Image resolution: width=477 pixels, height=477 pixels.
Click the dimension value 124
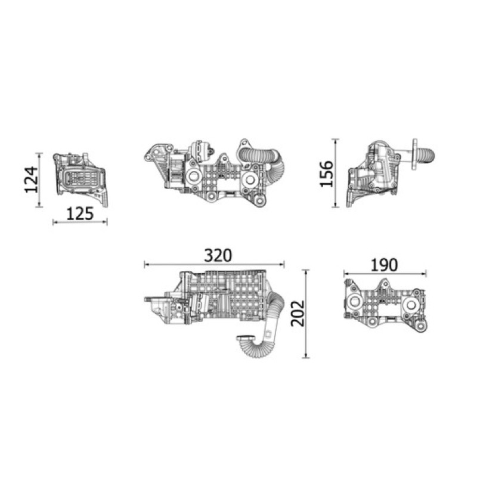[x=32, y=180]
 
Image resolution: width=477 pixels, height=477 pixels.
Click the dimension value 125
[x=80, y=214]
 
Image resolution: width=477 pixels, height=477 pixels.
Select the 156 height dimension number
[x=327, y=174]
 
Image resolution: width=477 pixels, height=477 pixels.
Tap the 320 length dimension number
[x=218, y=256]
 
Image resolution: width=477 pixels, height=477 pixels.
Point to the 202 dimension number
[x=298, y=314]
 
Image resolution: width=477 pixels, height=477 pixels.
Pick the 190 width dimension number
[x=384, y=265]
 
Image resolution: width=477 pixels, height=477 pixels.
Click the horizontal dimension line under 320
[x=214, y=265]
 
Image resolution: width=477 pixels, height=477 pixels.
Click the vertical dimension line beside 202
[x=306, y=314]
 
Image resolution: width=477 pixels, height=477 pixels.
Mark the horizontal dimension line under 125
[x=80, y=222]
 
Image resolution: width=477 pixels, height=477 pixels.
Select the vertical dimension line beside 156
[x=336, y=173]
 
